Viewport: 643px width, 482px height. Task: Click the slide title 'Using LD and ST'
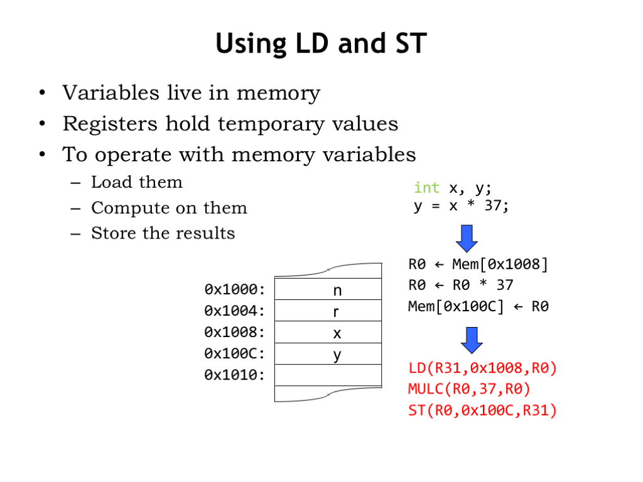coord(321,45)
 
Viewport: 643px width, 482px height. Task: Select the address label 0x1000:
coord(235,290)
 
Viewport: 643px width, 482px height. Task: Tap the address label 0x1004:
coord(235,311)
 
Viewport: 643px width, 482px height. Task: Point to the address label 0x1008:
coord(235,333)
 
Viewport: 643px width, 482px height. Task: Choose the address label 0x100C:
coord(235,354)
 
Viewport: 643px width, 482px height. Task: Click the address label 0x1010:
coord(235,375)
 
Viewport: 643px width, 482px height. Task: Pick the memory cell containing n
coord(328,290)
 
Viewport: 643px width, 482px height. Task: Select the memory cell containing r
coord(328,311)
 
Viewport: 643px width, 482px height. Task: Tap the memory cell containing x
coord(328,333)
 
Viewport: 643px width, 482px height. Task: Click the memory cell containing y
coord(328,355)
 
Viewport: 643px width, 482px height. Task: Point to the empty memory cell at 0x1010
coord(328,375)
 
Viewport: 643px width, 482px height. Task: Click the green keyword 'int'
coord(426,188)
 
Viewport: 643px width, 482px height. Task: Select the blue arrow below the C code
coord(466,238)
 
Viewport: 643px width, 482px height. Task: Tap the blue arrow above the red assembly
coord(472,340)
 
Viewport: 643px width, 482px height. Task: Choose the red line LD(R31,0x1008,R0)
coord(482,368)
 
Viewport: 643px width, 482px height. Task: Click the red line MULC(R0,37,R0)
coord(469,389)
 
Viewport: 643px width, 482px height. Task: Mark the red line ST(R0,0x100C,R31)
coord(482,411)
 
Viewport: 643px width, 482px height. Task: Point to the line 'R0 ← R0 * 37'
coord(460,286)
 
